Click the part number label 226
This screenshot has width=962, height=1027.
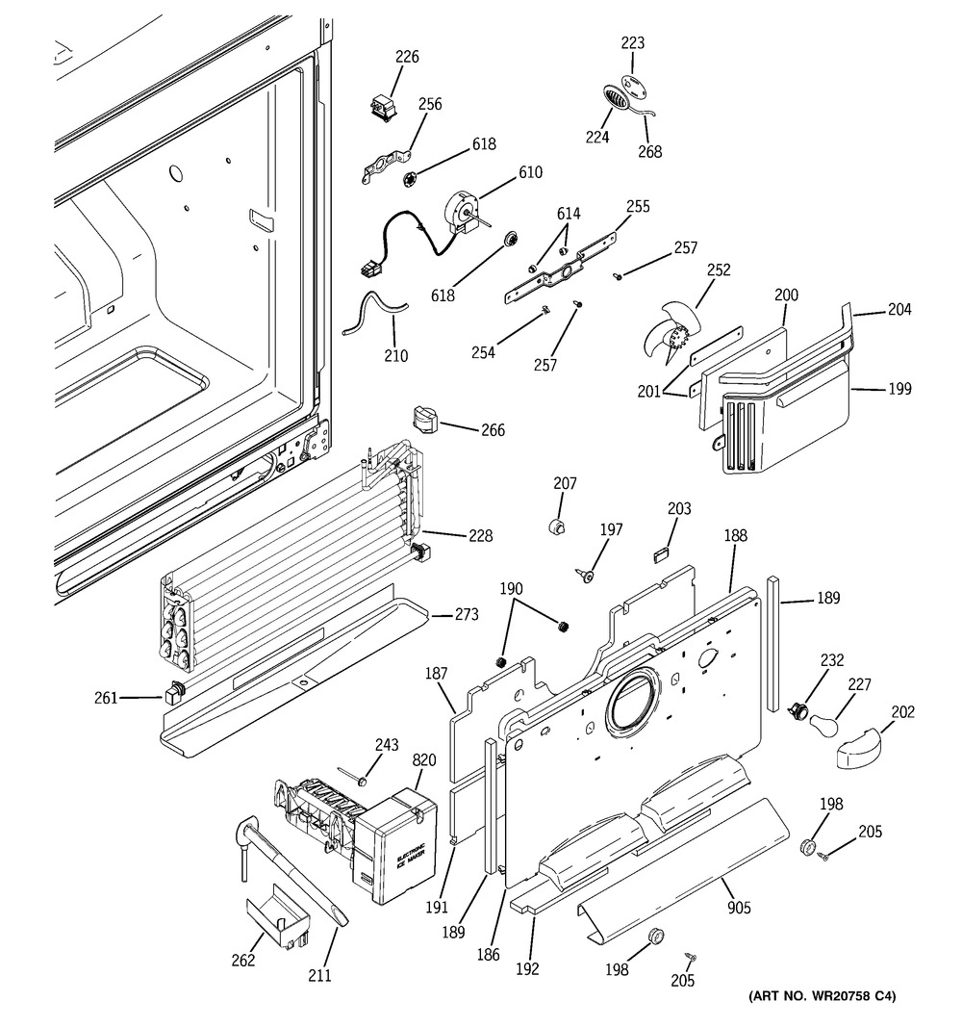(408, 57)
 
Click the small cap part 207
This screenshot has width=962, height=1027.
(555, 526)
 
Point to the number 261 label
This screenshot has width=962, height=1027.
(133, 696)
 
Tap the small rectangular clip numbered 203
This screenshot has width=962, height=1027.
(661, 552)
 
